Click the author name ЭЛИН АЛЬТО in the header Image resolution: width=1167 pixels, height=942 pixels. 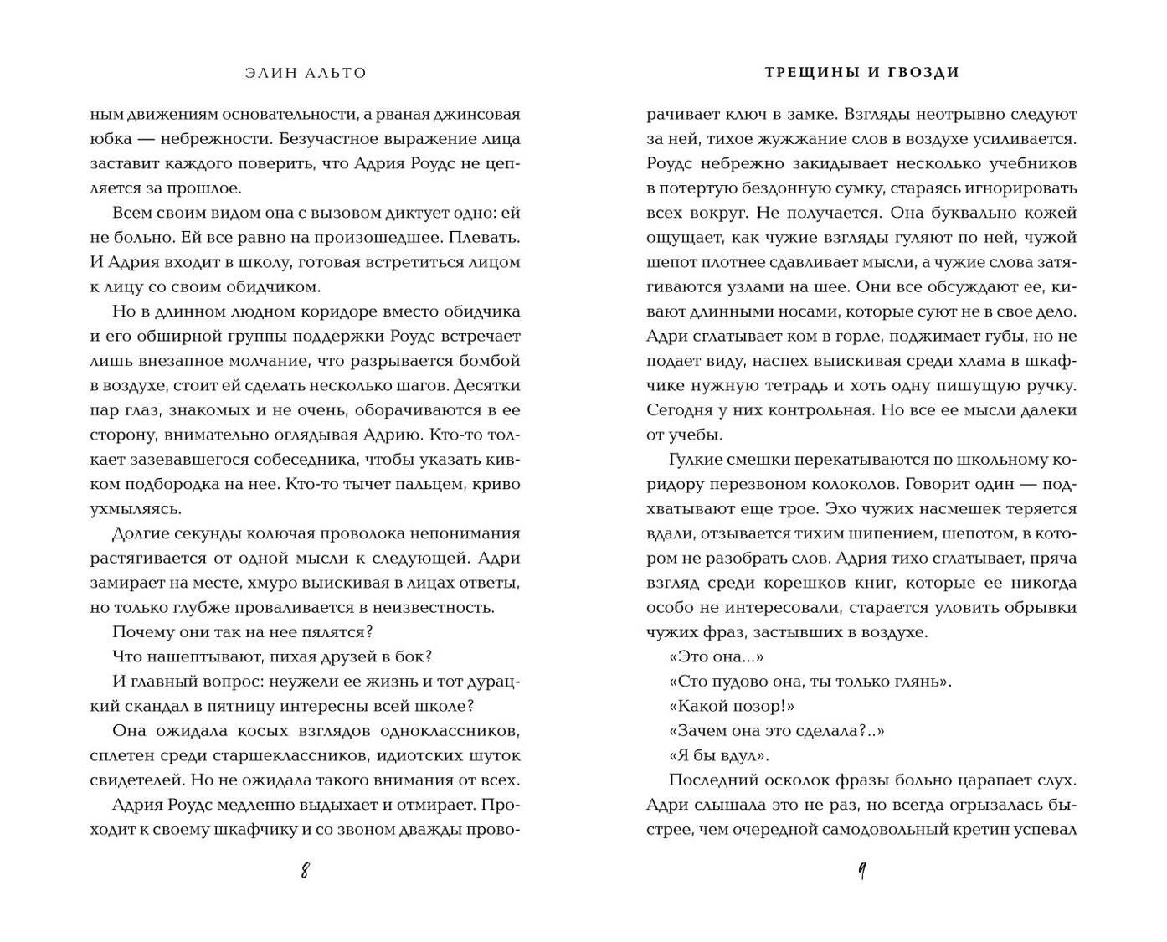coord(306,73)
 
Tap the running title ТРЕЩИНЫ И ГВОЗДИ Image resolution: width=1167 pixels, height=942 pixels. coord(861,72)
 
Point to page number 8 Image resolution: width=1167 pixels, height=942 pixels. coord(305,871)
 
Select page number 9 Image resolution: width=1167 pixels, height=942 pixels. coord(861,872)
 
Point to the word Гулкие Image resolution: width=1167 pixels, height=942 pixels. coord(697,460)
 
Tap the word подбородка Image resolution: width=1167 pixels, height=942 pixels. coord(177,484)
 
